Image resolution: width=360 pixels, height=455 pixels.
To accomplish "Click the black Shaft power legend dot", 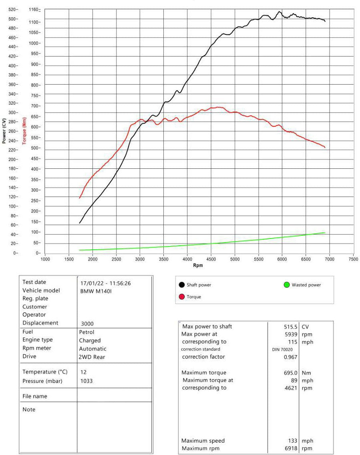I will point(182,285).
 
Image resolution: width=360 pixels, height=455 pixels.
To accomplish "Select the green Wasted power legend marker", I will point(286,285).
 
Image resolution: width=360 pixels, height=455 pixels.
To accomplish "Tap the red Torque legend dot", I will point(182,297).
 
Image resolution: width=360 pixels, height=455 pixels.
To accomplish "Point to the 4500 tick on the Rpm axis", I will point(211,259).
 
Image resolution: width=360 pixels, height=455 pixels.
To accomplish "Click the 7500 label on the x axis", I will point(354,259).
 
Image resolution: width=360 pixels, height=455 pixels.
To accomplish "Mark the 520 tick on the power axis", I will point(13,9).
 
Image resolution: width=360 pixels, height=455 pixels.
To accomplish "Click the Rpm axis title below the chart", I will point(198,265).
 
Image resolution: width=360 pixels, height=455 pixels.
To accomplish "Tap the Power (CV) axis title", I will point(4,131).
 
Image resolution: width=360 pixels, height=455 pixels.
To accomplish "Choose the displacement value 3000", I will point(87,324).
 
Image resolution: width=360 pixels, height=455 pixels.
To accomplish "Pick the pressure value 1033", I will point(86,381).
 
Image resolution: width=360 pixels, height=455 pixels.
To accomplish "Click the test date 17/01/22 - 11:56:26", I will point(106,283).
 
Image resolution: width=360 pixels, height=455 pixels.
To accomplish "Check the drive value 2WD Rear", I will point(92,357).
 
